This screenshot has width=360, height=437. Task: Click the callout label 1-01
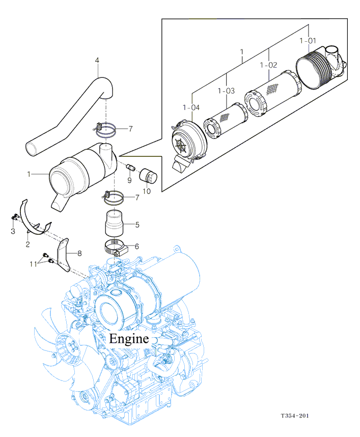point(308,41)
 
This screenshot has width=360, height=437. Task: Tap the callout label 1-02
point(268,65)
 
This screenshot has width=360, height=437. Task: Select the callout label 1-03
point(226,91)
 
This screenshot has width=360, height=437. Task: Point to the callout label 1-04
point(191,107)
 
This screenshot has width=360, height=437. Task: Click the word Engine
point(129,339)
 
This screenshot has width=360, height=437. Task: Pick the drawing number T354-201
point(295,416)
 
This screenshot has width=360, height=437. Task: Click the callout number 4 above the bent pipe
point(97,60)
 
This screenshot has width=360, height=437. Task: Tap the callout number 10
point(147,191)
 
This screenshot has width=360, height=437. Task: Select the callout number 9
point(129,180)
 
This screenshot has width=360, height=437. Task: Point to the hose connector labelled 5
point(114,223)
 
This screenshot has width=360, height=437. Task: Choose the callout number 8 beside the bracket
point(79,253)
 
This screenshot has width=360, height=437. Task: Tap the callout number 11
point(34,264)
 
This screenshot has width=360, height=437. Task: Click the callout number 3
point(13,231)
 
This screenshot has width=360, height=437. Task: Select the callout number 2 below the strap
point(27,244)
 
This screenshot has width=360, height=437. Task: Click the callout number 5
point(137,225)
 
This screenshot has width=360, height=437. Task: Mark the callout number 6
point(137,247)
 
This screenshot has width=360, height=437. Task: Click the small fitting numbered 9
point(130,168)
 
